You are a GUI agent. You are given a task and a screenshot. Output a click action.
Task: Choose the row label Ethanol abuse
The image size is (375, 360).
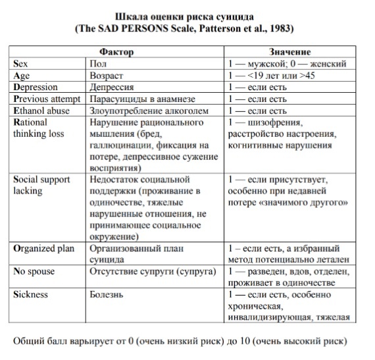[x=41, y=111]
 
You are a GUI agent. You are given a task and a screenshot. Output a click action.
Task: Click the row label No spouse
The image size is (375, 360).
[x=34, y=271]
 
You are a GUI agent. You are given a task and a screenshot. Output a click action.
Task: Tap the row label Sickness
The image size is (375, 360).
[x=31, y=295]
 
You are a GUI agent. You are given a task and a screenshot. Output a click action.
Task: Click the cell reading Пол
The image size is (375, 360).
[x=97, y=64]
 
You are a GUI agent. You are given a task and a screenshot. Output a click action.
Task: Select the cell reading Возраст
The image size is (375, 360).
[x=107, y=76]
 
